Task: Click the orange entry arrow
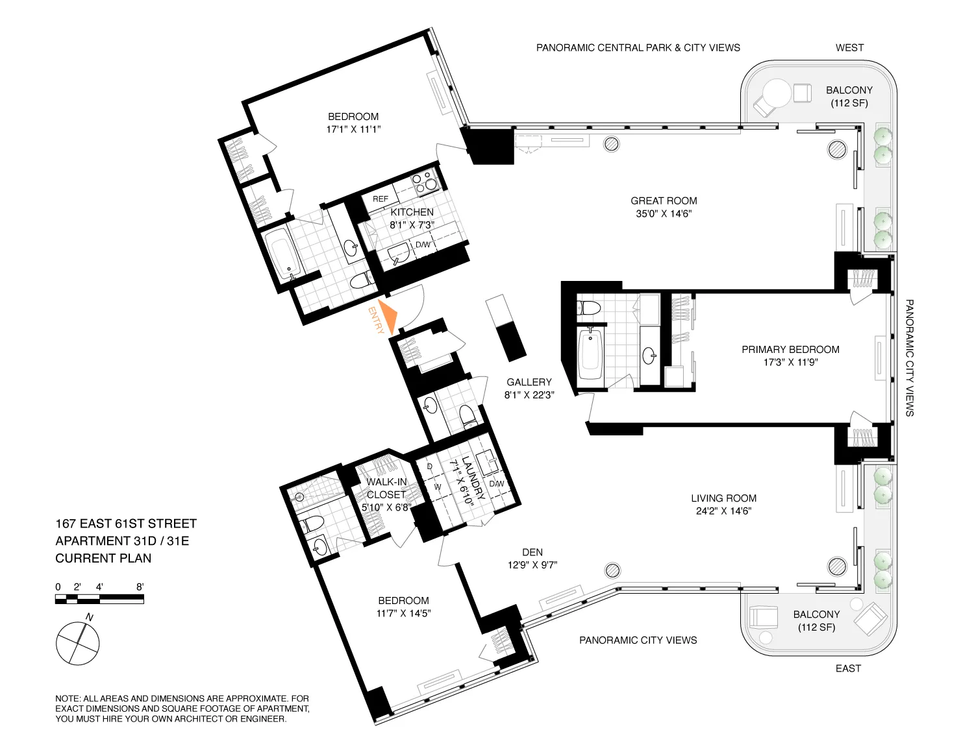389,316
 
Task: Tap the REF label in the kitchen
381,199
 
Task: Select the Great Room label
664,200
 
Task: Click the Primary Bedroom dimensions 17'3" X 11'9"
790,362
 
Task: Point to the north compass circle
78,644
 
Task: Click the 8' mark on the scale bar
140,587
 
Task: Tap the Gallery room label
529,382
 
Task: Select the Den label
532,552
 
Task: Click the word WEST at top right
849,47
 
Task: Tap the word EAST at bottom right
848,668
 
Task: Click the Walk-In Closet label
386,488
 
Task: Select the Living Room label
723,498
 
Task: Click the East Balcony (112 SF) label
816,620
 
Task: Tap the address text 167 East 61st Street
126,524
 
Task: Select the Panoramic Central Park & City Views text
638,47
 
